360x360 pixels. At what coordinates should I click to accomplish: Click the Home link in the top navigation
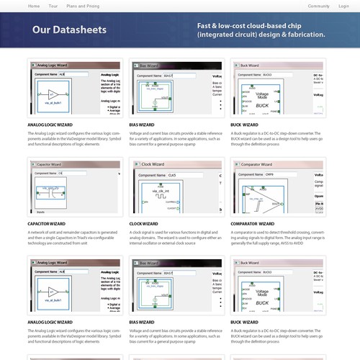34,5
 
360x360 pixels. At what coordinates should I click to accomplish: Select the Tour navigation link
53,5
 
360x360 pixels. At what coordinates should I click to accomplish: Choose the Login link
343,5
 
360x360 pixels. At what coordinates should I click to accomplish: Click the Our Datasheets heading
69,30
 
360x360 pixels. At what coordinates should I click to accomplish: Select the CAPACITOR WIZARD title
48,224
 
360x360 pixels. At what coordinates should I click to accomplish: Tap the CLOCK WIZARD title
146,224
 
